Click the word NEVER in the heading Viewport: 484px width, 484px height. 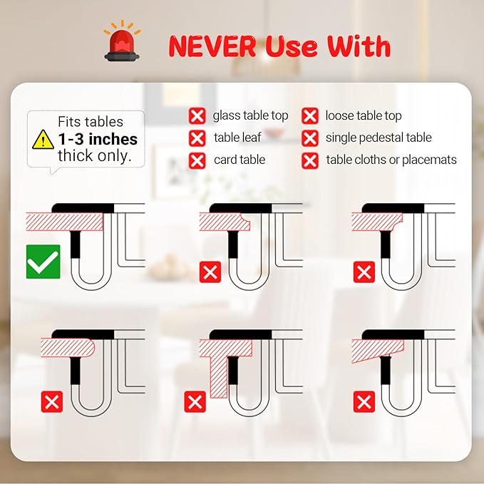coord(212,46)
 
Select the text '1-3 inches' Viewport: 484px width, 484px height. coord(98,139)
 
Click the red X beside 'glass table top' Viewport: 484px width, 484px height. coord(197,116)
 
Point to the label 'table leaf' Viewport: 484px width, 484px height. coord(237,138)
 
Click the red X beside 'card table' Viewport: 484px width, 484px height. coord(197,161)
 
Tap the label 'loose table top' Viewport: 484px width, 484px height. coord(364,115)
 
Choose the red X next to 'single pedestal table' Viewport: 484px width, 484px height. coord(310,138)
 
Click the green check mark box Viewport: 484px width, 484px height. coord(43,262)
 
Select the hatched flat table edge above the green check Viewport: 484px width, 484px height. coord(65,221)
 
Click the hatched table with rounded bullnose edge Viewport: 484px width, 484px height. coord(67,348)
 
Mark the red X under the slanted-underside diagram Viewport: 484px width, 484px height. coord(364,402)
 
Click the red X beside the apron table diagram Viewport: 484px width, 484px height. coord(195,402)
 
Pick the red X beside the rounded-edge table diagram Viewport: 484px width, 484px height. coord(52,402)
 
